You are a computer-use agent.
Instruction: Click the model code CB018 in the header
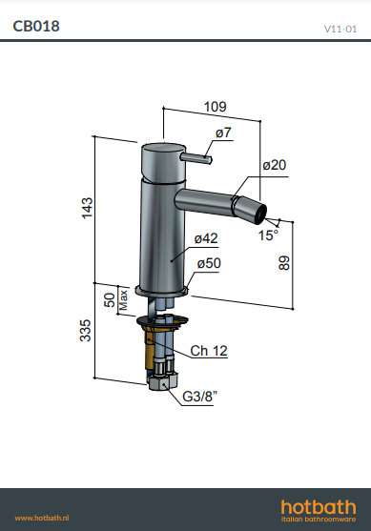coord(36,26)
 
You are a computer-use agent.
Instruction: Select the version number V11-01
coord(340,29)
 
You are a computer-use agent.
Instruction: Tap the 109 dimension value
coord(216,107)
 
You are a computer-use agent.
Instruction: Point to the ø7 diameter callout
coord(223,133)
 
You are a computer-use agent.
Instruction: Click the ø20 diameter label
coord(275,165)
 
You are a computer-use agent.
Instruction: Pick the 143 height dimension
coord(87,208)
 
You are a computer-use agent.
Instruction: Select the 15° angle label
coord(268,235)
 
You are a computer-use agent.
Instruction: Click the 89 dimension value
coord(284,263)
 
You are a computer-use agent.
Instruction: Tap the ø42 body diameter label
coord(206,238)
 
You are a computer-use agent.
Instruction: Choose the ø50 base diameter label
coord(209,263)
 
